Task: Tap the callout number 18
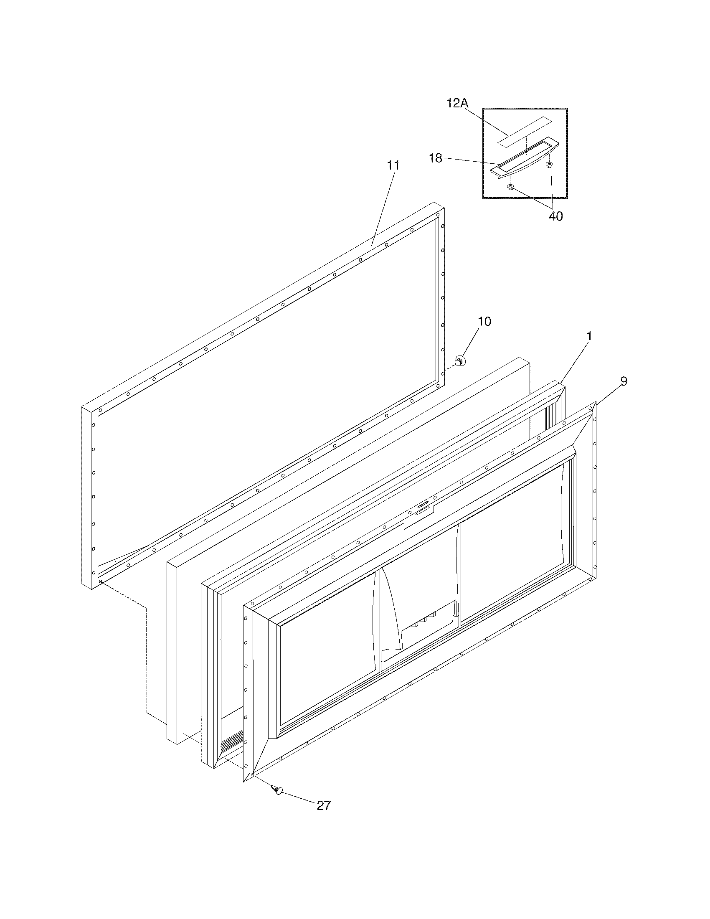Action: click(x=435, y=158)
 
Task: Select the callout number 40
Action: click(x=555, y=216)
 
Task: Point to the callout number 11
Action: click(x=393, y=165)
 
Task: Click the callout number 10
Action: click(x=484, y=322)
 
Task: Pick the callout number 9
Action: click(x=624, y=381)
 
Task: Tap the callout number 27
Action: click(x=323, y=805)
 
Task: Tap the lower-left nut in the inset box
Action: click(x=510, y=187)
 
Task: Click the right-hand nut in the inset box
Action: click(x=549, y=164)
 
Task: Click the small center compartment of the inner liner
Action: click(x=421, y=606)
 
